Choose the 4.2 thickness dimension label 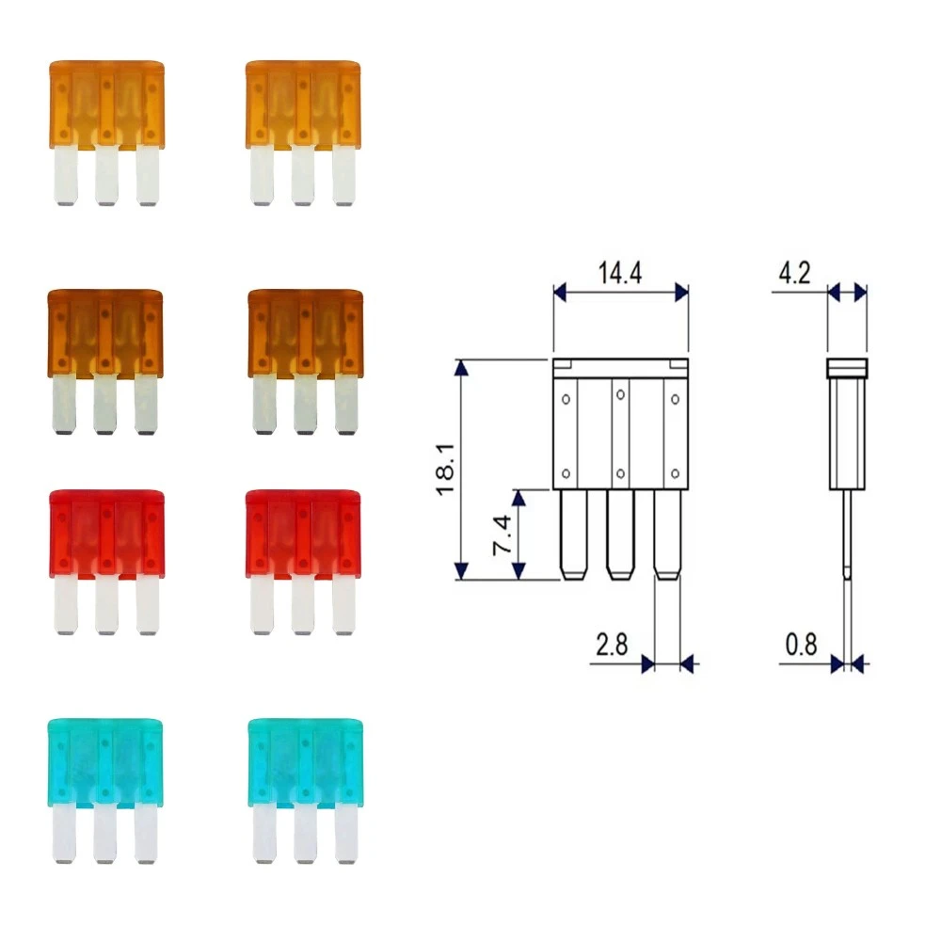pos(792,276)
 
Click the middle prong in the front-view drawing pos(619,534)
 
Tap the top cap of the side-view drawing pos(846,368)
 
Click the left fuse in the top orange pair pos(106,104)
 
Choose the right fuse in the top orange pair pos(303,104)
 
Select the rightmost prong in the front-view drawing pos(667,534)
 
